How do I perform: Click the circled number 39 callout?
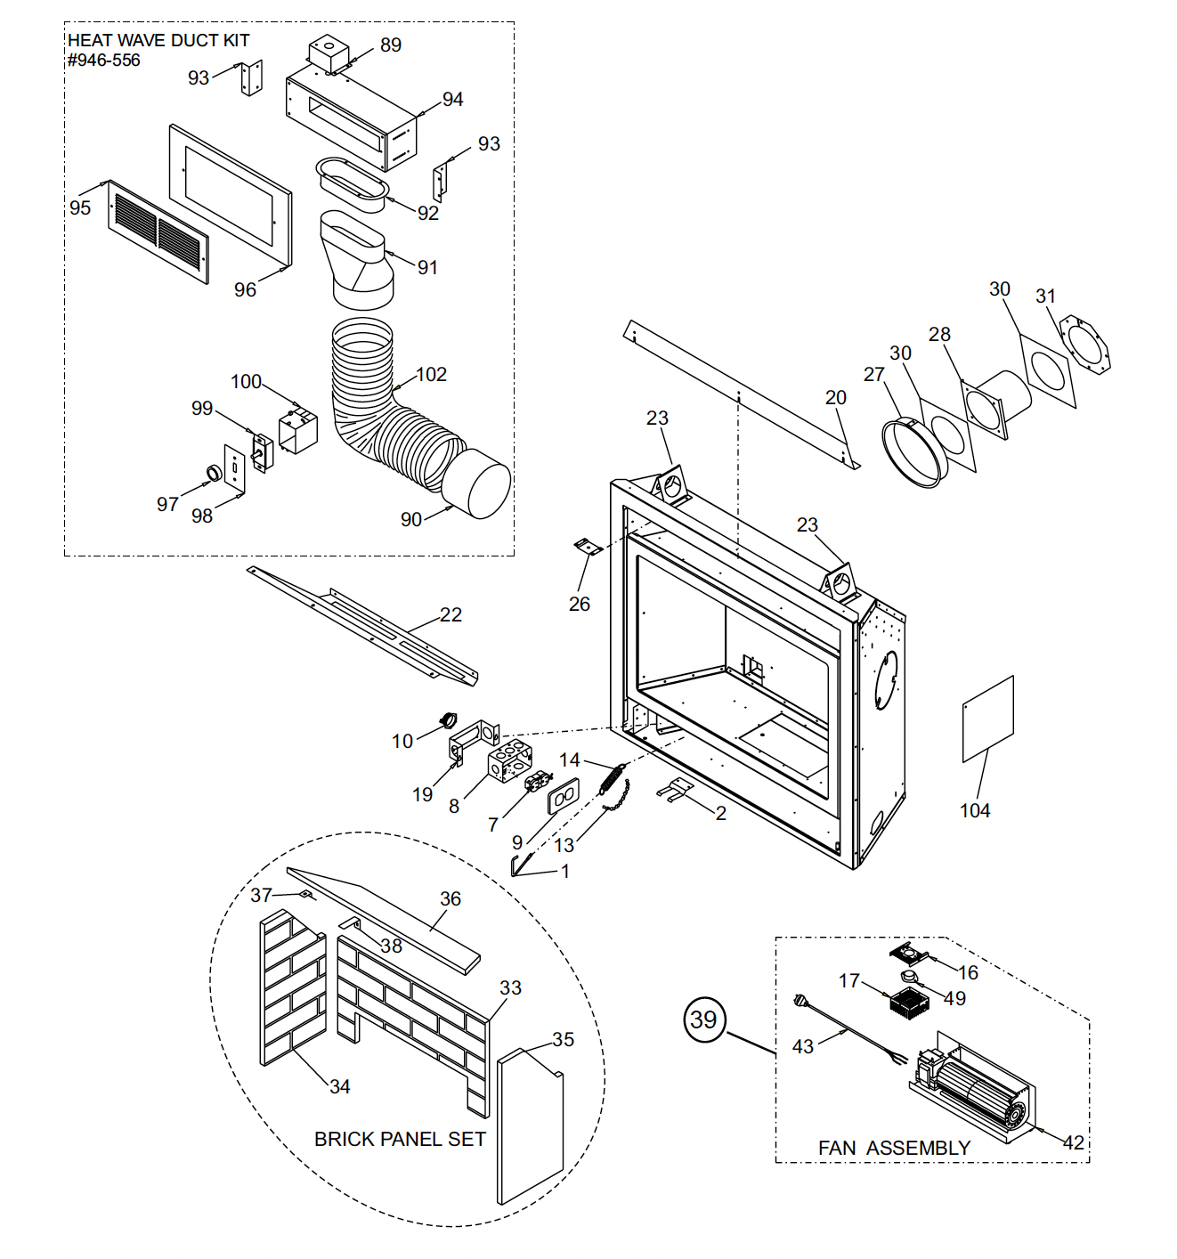pos(704,1019)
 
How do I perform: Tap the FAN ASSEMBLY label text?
pos(894,1149)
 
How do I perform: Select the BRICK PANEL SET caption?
pos(400,1140)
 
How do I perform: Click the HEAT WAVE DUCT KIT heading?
pos(158,41)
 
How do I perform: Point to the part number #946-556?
pos(104,61)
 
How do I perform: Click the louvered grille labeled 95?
pos(158,231)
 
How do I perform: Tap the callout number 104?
pos(975,810)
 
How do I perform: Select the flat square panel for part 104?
pos(988,719)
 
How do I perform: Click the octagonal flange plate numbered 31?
pos(1085,348)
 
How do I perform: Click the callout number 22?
pos(451,615)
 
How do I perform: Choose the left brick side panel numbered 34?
pos(292,988)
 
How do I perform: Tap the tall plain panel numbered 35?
pos(530,1126)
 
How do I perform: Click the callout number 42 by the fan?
pos(1074,1143)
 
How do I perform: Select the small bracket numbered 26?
pos(588,547)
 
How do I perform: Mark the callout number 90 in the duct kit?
pos(410,520)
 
